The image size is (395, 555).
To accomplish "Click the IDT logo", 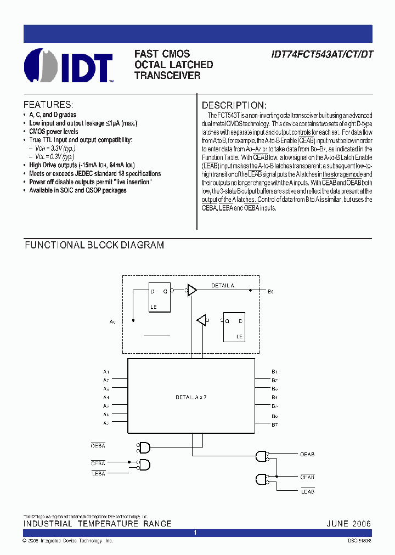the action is [68, 66].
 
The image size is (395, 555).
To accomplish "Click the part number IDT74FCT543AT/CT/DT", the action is [321, 55].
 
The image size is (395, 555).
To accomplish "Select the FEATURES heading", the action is [48, 105].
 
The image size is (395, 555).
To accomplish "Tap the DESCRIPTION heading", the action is [234, 105].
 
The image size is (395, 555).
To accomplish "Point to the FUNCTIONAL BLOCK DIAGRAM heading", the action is [94, 245].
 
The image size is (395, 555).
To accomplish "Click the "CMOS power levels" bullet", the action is [53, 132].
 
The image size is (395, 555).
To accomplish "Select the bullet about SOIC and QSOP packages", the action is [77, 190].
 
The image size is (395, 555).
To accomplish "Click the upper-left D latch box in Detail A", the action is [159, 297].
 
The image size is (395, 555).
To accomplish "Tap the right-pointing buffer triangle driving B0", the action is [192, 290].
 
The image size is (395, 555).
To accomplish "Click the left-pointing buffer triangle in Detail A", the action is [201, 320].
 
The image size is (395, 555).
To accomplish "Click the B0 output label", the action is [270, 291].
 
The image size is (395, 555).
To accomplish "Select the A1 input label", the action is [106, 371].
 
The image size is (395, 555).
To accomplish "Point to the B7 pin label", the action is [274, 425].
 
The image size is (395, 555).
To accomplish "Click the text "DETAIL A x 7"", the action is [191, 397].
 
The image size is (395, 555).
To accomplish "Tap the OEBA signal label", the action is [98, 446].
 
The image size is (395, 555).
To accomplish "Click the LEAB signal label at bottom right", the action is [308, 491].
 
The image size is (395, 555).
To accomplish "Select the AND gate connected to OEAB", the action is [262, 455].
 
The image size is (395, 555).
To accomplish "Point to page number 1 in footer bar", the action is [195, 533].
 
